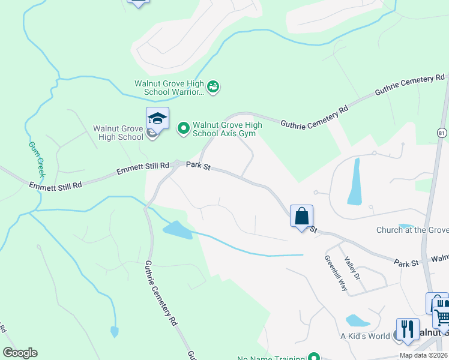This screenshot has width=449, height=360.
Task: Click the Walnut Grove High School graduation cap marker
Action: point(157,119)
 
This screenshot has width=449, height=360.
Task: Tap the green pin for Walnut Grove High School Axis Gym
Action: point(183,127)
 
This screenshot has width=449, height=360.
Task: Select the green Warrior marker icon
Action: point(213,88)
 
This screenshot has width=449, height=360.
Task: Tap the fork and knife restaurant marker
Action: point(408,329)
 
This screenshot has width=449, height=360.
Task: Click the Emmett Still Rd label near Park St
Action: point(143,170)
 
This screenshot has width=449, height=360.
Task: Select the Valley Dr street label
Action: point(352,268)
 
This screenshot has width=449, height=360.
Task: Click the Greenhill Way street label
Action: point(336,274)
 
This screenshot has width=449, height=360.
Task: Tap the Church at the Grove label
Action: point(412,230)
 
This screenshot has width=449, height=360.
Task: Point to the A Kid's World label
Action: point(365,336)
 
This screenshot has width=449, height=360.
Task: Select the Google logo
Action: point(20,353)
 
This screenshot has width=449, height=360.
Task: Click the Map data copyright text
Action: point(424,355)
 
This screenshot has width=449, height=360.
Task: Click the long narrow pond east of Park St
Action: point(355,181)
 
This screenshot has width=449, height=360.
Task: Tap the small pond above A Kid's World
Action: point(358,320)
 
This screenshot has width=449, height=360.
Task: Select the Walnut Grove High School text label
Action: point(118,133)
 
